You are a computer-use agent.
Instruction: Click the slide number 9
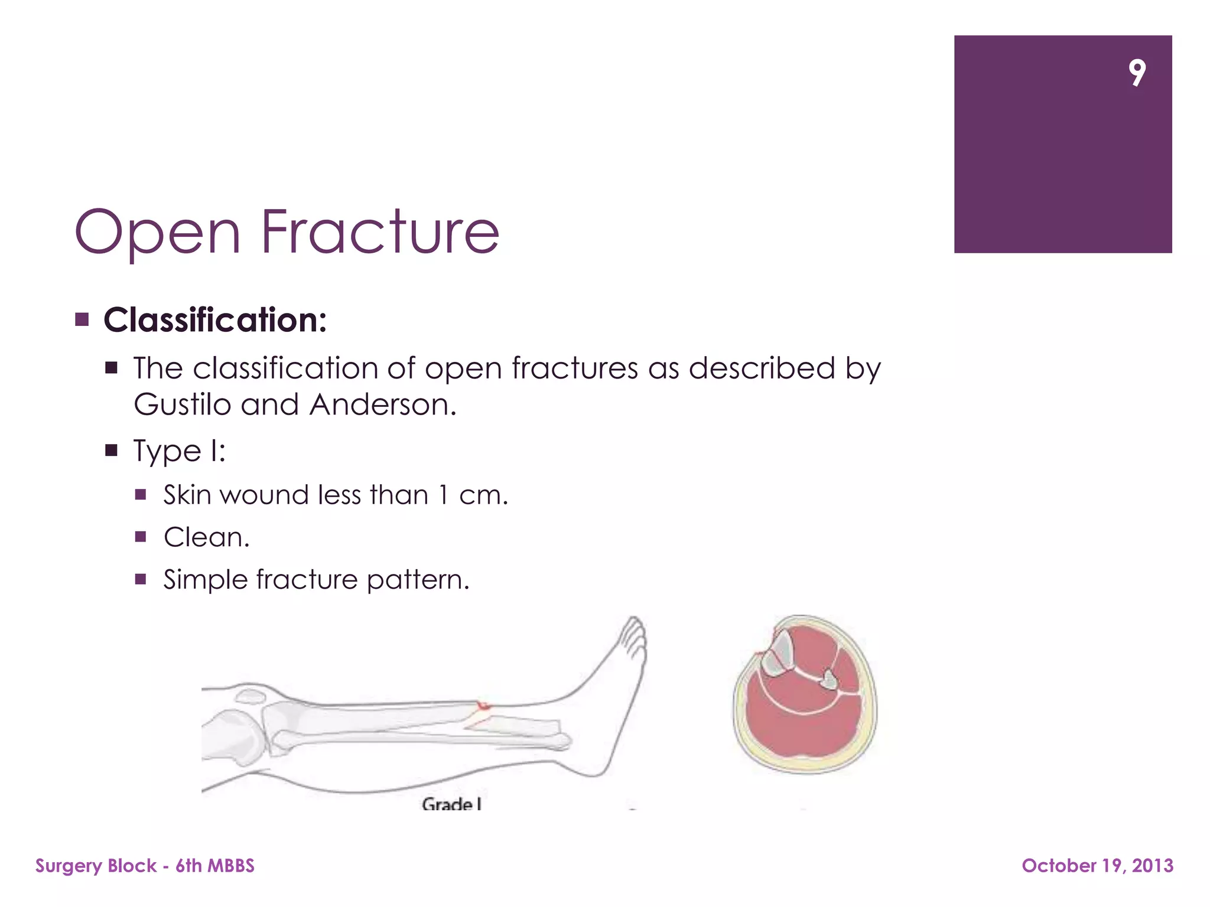tap(1137, 73)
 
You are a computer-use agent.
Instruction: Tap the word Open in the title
tap(158, 233)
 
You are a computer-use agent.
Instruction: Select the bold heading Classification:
tap(215, 320)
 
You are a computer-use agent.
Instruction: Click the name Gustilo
tap(182, 405)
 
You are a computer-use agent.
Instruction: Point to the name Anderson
tap(383, 405)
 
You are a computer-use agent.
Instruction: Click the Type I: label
tap(179, 451)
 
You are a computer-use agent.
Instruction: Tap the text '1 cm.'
tap(473, 495)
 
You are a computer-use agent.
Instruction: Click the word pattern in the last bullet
tap(418, 580)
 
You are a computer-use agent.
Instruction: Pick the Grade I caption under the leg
tap(451, 804)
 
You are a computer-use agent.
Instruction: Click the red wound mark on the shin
tap(483, 705)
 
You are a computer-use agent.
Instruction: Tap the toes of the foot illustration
tap(634, 635)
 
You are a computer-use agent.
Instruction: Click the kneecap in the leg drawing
tap(250, 696)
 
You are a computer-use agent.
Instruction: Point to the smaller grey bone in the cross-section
tap(829, 679)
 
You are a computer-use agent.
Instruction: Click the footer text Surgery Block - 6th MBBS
tap(145, 866)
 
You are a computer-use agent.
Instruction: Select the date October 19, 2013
tap(1097, 866)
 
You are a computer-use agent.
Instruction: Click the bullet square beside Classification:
tap(82, 320)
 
